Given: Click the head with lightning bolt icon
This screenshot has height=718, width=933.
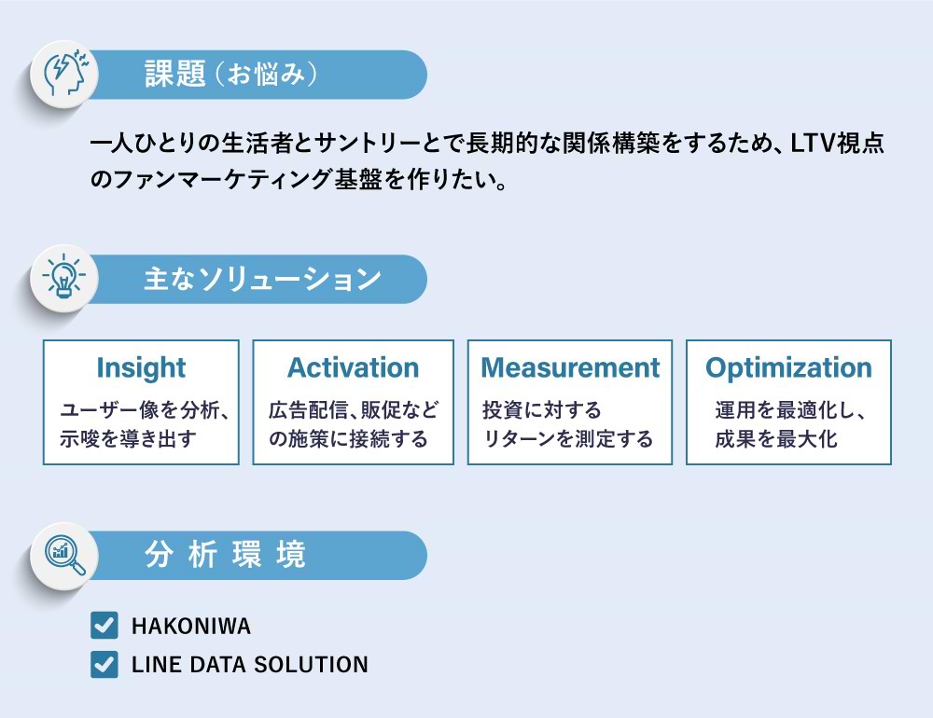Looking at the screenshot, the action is pos(66,74).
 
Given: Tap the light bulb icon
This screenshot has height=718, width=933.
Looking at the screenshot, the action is pos(63,277).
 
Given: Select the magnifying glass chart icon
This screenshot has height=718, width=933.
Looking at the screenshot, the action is pos(65,556).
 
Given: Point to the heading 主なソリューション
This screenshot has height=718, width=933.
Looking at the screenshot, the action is pos(262,279).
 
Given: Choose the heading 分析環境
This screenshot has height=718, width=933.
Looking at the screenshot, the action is pos(225,555).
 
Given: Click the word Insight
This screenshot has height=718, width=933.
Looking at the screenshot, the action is pos(141,367).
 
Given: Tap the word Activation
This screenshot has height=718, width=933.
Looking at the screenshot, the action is pos(354,367).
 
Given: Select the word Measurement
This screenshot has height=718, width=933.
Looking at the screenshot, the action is pos(570,367).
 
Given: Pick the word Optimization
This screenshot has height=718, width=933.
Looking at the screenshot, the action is pos(788,367).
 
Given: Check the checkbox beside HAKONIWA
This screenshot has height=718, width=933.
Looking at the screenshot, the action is pos(104,625).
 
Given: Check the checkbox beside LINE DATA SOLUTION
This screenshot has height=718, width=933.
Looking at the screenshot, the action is pos(104,664).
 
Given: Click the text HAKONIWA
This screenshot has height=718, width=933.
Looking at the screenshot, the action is pos(191,626).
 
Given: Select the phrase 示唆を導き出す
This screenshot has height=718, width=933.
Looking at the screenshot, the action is pos(127,439).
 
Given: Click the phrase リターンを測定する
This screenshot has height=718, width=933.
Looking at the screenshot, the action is pos(567,439).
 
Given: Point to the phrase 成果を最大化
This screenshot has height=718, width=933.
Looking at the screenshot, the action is pos(776,439).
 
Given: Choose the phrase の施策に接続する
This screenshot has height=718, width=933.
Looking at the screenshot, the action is pos(348,439).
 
